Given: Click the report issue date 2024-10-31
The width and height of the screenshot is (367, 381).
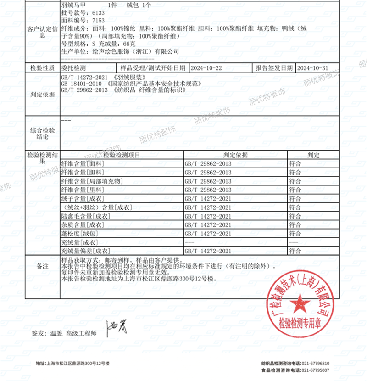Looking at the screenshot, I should click(x=312, y=68).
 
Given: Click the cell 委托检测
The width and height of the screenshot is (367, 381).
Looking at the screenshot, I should click(x=73, y=68).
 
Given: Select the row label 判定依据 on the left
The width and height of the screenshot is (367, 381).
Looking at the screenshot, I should click(x=42, y=94).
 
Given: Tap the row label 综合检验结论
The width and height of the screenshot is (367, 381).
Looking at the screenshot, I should click(x=42, y=134).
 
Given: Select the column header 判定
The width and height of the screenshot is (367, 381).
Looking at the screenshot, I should click(x=313, y=155).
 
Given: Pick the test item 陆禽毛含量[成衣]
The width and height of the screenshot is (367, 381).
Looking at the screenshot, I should click(x=85, y=216).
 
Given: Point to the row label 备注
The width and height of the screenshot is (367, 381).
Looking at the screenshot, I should click(x=42, y=266).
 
